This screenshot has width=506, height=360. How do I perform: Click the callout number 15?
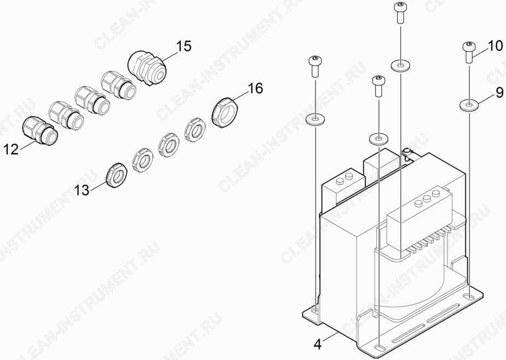183,47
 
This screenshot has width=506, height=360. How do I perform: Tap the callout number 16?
255,89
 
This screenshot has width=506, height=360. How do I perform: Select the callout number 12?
11,149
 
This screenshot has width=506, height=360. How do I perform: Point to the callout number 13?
82,190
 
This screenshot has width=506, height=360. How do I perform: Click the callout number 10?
495,46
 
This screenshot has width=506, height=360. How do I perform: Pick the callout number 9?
499,93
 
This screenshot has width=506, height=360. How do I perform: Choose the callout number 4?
318,345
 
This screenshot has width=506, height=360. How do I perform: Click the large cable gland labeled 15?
147,67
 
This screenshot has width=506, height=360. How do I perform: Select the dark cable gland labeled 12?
40,130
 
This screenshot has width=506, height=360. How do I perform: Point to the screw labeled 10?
469,52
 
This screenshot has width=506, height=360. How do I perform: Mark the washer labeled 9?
469,105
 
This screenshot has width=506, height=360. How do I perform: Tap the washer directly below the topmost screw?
400,66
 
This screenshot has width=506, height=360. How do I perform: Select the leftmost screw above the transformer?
315,66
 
